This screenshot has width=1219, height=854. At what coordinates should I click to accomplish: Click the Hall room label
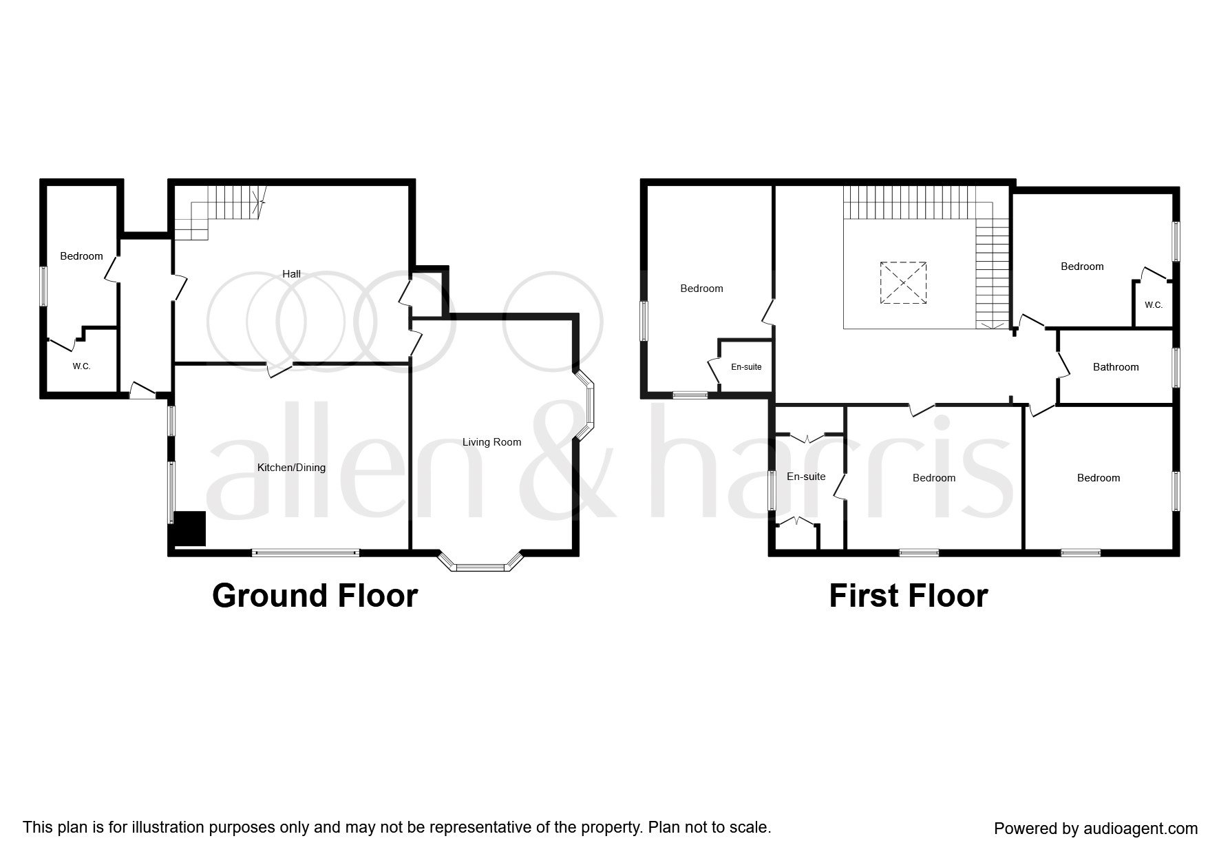(x=291, y=273)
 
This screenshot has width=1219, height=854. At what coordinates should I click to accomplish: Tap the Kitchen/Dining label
(x=291, y=468)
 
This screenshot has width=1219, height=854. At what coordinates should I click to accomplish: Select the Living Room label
(x=491, y=442)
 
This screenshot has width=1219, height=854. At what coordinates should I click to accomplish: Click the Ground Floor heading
(x=315, y=596)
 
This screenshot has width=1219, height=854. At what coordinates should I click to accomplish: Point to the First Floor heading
(x=909, y=596)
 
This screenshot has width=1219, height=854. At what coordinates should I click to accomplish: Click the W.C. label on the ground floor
(x=81, y=366)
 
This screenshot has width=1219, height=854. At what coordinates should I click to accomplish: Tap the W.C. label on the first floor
(x=1154, y=305)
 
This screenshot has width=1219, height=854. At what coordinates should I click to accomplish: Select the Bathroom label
(x=1116, y=367)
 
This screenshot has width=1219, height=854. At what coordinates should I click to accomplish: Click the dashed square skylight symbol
(x=903, y=282)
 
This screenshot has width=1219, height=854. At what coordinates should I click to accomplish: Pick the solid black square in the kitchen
(x=189, y=529)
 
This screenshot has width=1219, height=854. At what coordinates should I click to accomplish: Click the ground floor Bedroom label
(x=81, y=256)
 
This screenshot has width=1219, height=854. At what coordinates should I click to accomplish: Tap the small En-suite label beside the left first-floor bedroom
(x=746, y=367)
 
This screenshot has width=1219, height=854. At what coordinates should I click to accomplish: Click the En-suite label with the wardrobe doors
(x=806, y=477)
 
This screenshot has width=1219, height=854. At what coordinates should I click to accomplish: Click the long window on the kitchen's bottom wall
(x=306, y=552)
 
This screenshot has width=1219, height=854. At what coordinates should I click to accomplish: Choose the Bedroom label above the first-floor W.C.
(x=1082, y=267)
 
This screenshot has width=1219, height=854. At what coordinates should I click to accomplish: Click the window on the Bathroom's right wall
(x=1176, y=367)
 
